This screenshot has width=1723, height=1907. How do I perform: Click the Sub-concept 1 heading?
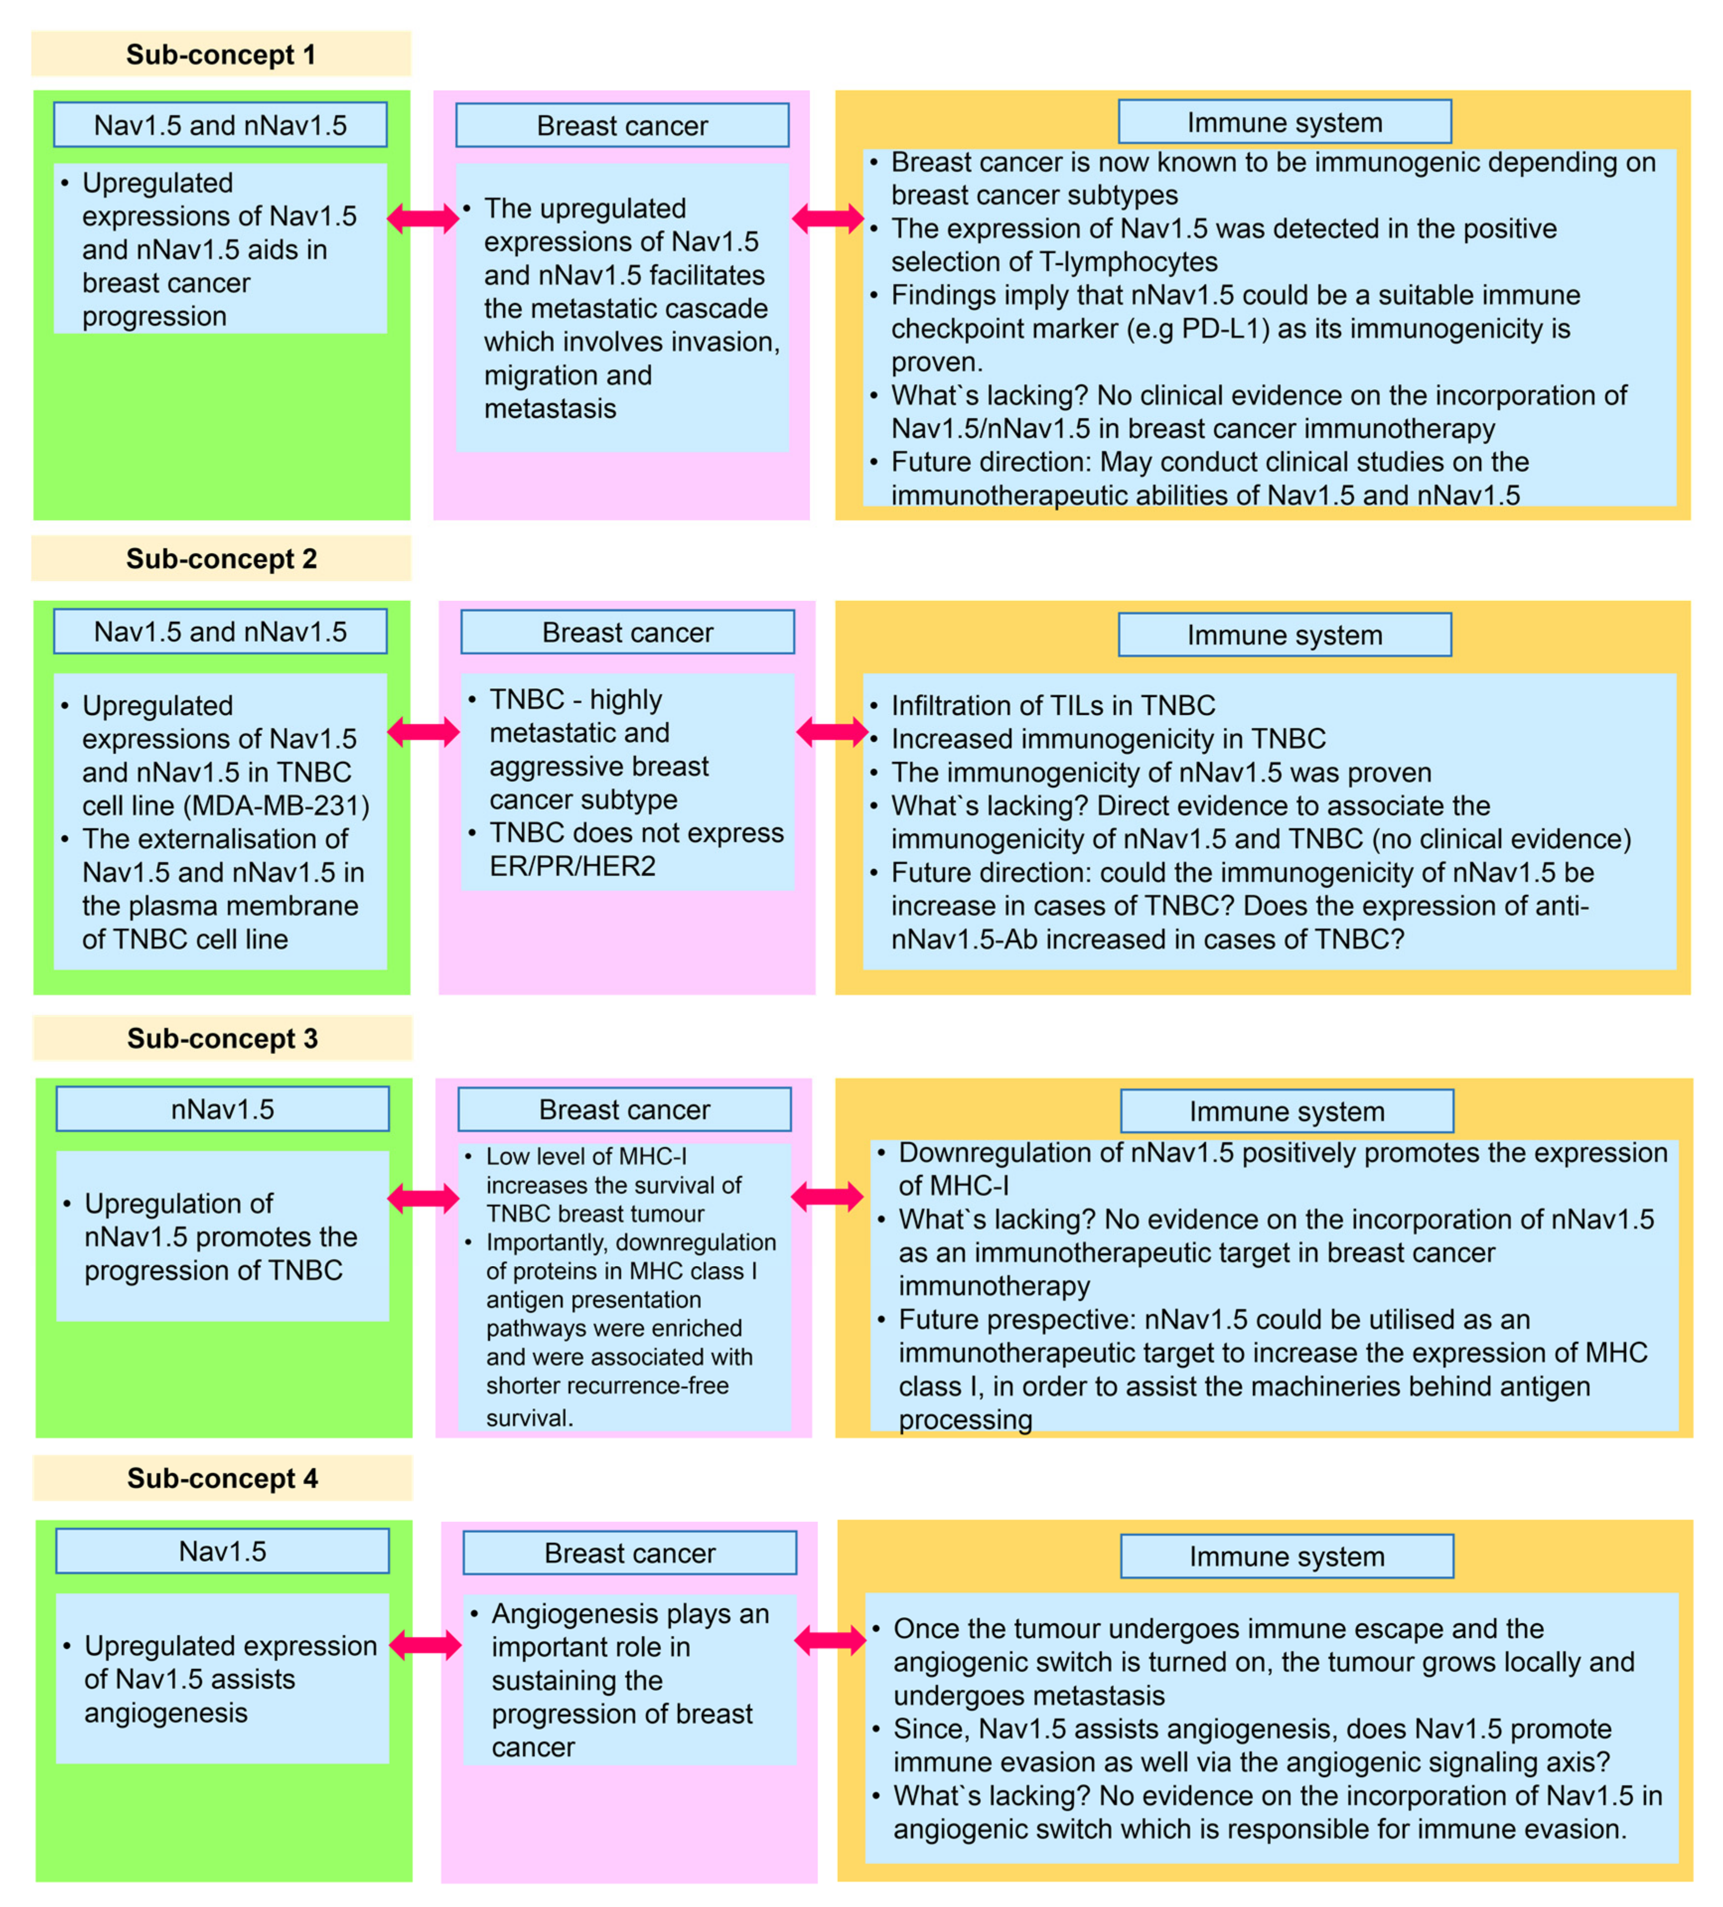click(220, 55)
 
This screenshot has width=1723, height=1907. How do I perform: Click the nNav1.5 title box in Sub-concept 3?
click(222, 1109)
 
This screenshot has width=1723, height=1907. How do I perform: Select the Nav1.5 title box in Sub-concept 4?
click(222, 1551)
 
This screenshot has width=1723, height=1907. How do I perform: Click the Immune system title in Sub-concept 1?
click(1284, 122)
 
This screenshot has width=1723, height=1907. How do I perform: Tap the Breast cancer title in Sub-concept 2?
click(627, 632)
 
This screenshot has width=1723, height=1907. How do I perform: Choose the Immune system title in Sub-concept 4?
click(1286, 1556)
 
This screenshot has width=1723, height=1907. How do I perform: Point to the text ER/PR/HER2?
click(572, 866)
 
